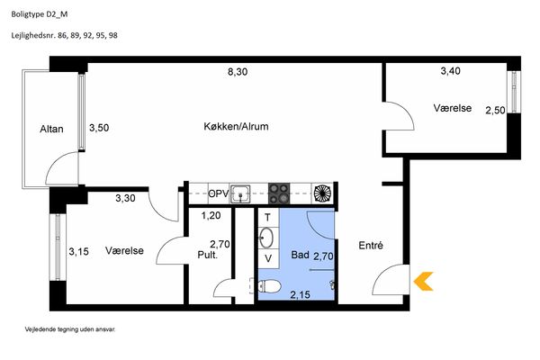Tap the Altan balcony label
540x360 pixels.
pos(51,130)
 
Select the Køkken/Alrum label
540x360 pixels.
pos(236,126)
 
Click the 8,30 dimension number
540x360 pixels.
pos(238,72)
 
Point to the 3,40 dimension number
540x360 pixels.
pos(451,71)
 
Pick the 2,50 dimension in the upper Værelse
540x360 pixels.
pos(495,111)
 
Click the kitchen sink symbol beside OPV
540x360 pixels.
pos(240,194)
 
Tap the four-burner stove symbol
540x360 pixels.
pos(279,193)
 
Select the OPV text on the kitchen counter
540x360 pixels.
pos(219,194)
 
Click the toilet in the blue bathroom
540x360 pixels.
pos(269,286)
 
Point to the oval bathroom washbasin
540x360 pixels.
pos(265,238)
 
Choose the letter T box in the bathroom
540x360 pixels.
pos(268,218)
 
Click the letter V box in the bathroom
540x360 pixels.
pos(268,258)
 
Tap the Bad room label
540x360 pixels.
pos(300,255)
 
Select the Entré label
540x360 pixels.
pos(371,246)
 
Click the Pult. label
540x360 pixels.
pos(208,256)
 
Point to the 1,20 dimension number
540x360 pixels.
pos(211,216)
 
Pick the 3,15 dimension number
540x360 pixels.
pos(79,252)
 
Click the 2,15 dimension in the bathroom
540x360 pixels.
pos(300,295)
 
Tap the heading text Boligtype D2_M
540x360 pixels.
pos(40,14)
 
